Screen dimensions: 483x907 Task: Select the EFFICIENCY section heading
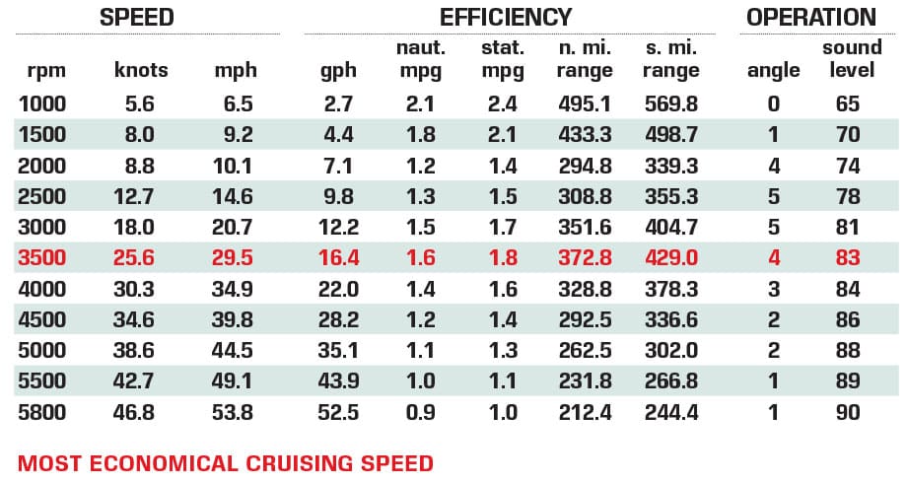click(506, 18)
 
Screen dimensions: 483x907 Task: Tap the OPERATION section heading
click(810, 18)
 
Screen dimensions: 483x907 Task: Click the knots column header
click(141, 70)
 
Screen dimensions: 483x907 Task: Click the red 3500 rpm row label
click(42, 258)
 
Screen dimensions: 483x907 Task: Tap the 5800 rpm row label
click(42, 412)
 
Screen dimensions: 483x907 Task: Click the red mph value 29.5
click(233, 258)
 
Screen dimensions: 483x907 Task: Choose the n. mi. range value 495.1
click(586, 104)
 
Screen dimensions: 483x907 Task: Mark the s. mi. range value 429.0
click(671, 258)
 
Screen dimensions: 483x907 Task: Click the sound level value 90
click(847, 412)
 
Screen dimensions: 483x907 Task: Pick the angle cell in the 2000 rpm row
click(773, 167)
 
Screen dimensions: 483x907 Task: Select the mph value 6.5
click(238, 104)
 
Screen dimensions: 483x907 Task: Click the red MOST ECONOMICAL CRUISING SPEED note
click(226, 463)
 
